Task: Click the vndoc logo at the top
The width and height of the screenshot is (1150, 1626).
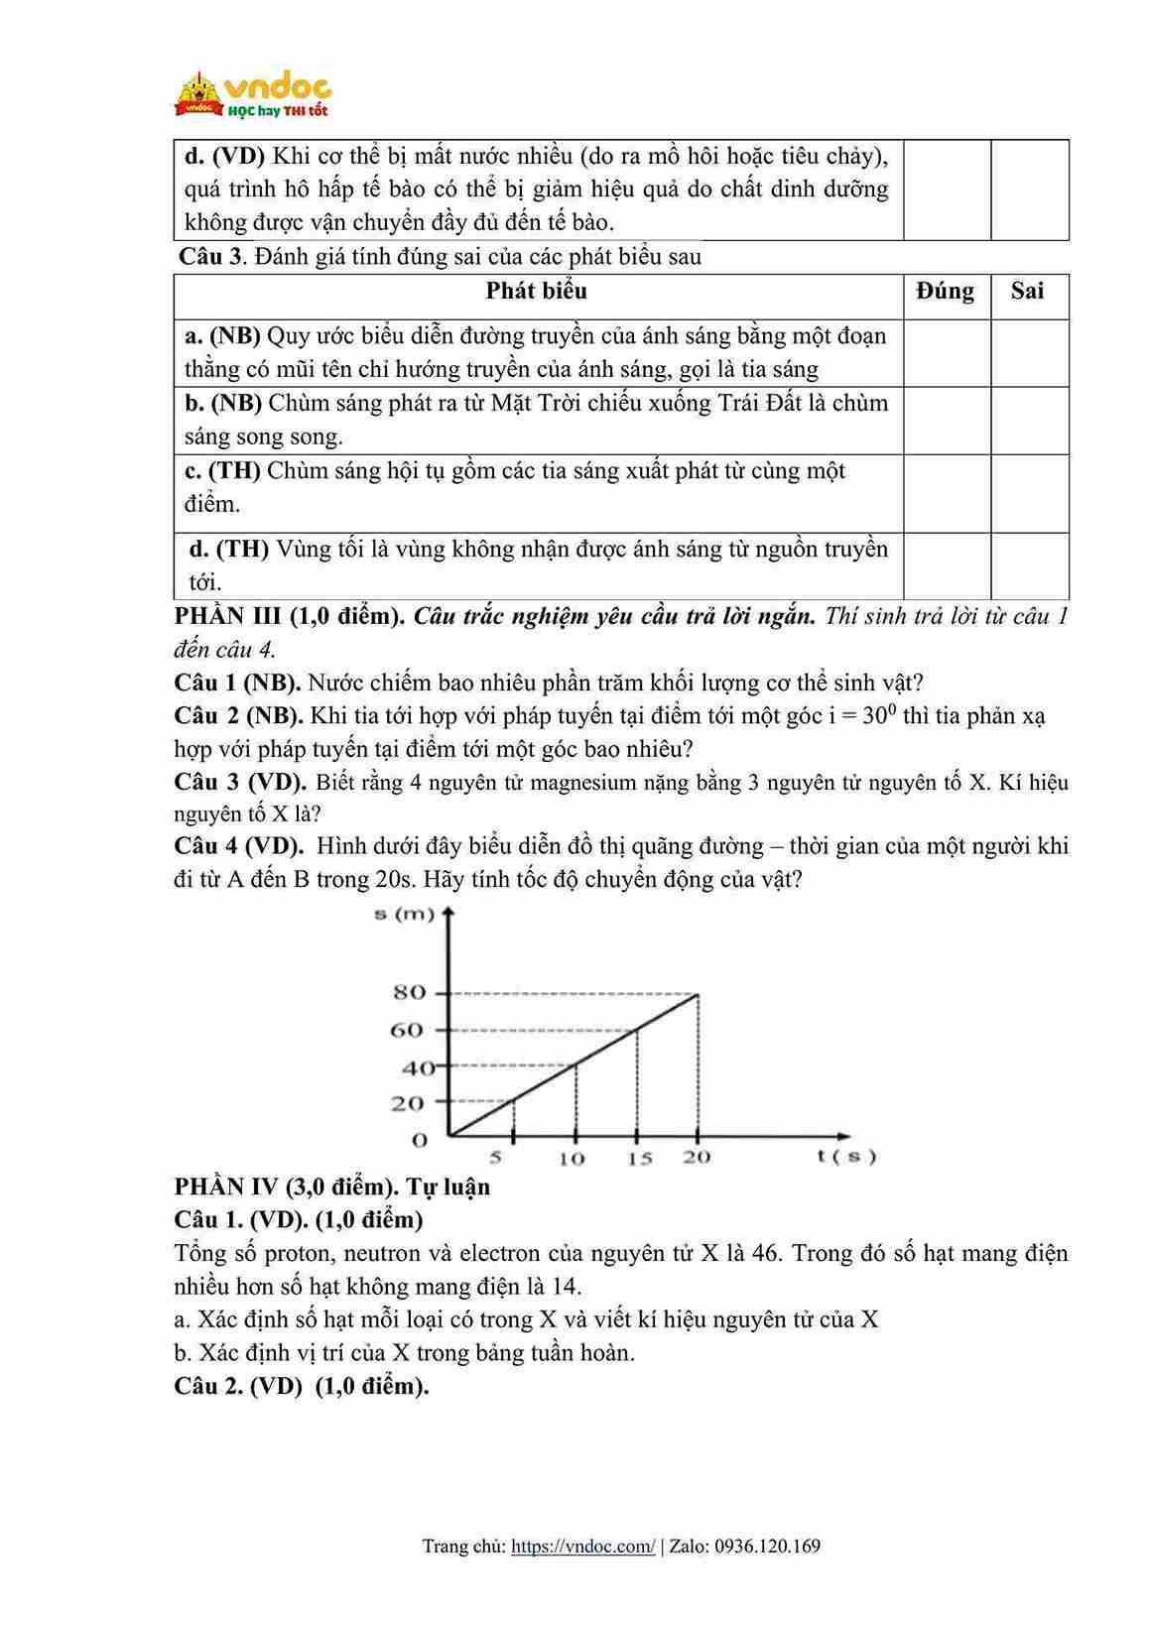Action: [x=254, y=95]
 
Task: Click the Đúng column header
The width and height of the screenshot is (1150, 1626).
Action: [x=945, y=291]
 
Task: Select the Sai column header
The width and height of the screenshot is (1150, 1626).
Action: [x=1027, y=291]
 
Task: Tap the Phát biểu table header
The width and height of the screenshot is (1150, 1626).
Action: [x=536, y=291]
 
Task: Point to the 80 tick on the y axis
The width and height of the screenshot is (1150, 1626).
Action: [x=410, y=992]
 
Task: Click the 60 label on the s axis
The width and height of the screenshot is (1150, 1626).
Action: [x=407, y=1031]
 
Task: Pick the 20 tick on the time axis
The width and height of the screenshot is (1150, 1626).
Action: [x=697, y=1157]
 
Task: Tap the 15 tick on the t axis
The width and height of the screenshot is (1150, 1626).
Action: [x=639, y=1158]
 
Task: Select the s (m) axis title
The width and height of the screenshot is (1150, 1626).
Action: [x=405, y=914]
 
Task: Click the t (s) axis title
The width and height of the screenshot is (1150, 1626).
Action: [x=846, y=1156]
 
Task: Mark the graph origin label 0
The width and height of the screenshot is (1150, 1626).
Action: [x=420, y=1141]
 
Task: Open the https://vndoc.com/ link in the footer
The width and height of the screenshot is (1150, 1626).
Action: [x=582, y=1546]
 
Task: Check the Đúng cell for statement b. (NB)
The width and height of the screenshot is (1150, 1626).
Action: [x=947, y=420]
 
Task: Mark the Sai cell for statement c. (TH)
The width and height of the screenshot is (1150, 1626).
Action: [x=1029, y=493]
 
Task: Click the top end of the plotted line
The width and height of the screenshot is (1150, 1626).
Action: [x=699, y=993]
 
